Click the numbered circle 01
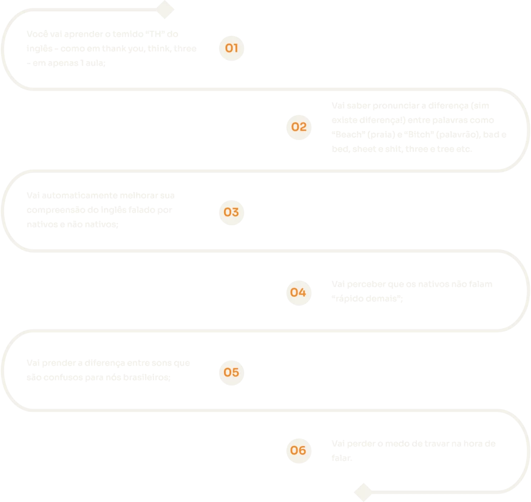click(x=231, y=49)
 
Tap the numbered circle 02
click(x=299, y=127)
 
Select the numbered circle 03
click(x=231, y=212)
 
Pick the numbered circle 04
click(x=299, y=292)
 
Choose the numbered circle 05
click(x=231, y=372)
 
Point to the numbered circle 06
click(x=299, y=450)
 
